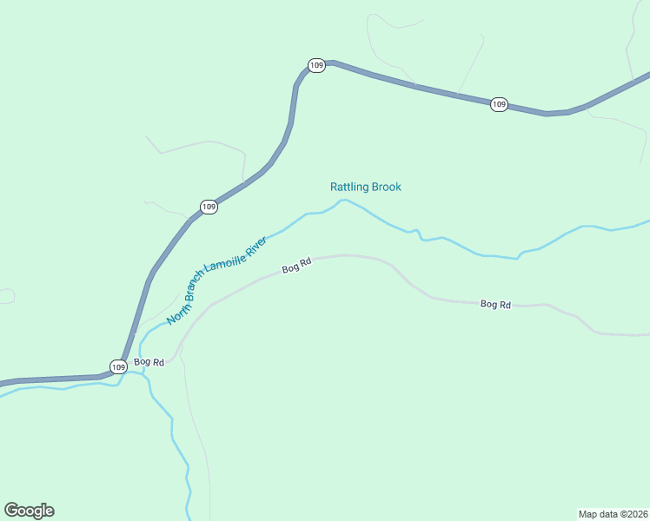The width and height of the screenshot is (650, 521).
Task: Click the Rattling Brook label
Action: (x=365, y=187)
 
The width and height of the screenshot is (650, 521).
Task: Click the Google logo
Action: (x=29, y=511)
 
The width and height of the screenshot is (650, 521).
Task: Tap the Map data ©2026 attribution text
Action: (x=613, y=513)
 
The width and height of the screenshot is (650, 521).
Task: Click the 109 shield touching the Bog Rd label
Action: (x=118, y=366)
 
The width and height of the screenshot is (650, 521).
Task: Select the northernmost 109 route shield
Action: (x=317, y=65)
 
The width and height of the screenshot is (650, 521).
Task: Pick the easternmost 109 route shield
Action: (x=498, y=104)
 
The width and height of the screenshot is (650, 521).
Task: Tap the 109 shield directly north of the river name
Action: (x=209, y=207)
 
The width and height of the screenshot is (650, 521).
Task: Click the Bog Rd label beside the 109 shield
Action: (x=149, y=362)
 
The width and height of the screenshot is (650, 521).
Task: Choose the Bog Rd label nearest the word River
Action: (x=296, y=268)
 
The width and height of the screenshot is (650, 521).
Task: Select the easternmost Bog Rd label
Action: (x=495, y=305)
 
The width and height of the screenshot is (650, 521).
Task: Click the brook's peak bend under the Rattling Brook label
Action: (x=343, y=201)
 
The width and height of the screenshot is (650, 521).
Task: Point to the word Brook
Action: (x=387, y=187)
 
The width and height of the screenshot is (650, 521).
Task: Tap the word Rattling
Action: (x=349, y=187)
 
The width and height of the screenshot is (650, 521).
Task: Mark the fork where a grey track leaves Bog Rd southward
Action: (x=181, y=353)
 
